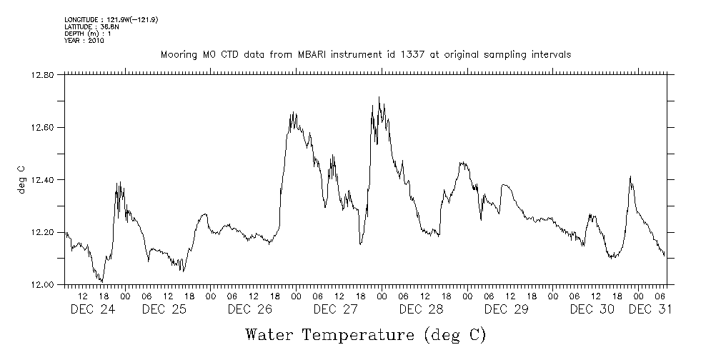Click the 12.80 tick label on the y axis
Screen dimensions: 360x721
[44, 75]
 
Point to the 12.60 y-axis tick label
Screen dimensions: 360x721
[44, 127]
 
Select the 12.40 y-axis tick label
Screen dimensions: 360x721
[44, 180]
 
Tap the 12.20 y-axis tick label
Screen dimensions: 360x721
[44, 232]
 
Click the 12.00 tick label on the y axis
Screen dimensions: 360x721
[44, 284]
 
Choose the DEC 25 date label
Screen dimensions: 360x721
[164, 309]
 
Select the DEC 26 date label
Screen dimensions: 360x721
[249, 309]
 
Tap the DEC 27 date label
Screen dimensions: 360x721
[335, 309]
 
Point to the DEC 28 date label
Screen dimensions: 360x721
[421, 309]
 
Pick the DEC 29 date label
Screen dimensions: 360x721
[506, 309]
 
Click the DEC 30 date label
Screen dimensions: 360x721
[592, 309]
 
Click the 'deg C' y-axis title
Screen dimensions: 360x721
[21, 180]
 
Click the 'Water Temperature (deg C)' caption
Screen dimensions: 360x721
[365, 334]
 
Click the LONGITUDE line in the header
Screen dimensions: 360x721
[111, 19]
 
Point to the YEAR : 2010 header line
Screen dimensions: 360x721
[84, 41]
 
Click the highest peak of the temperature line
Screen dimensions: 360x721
[379, 97]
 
